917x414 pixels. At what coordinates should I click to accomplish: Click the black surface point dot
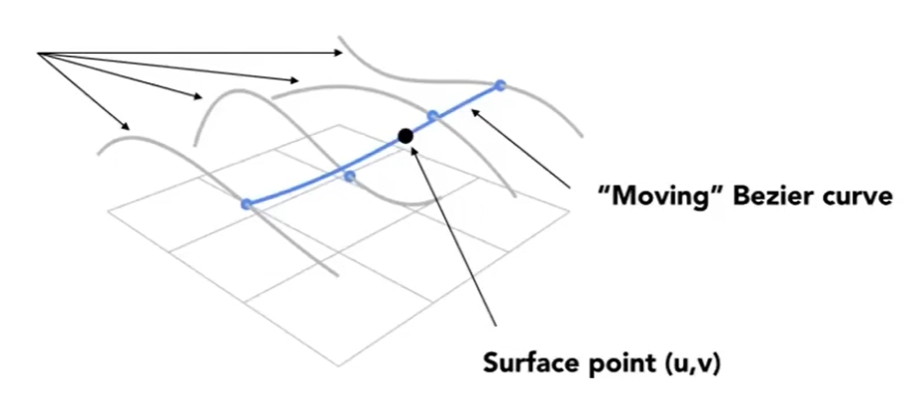tap(404, 136)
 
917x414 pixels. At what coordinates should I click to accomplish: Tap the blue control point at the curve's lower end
tap(246, 205)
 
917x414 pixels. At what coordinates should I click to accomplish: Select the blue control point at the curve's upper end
tap(501, 86)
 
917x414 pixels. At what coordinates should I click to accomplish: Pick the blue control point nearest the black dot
tap(433, 117)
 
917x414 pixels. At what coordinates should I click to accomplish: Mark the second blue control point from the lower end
tap(349, 177)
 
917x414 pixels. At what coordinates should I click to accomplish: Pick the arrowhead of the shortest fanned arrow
tap(128, 127)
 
